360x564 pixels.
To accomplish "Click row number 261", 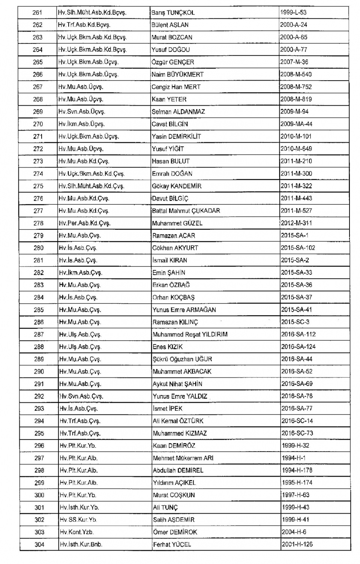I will click(37, 12).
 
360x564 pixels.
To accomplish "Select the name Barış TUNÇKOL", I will click(173, 12).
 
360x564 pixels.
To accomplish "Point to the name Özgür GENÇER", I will click(172, 62).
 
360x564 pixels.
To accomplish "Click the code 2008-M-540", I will click(296, 74).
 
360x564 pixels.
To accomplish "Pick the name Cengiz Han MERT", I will click(176, 87).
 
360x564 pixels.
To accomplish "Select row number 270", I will click(38, 124).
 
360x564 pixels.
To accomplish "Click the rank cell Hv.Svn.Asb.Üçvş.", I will click(82, 111).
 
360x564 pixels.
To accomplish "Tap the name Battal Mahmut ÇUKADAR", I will click(186, 211).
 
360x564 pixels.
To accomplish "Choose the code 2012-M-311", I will click(296, 223).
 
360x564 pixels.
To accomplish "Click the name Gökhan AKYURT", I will click(175, 248).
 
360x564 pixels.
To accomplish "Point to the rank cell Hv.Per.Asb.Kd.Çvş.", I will click(84, 223).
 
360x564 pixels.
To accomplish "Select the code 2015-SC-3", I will click(295, 322).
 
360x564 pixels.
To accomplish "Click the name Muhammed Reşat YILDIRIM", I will click(190, 334).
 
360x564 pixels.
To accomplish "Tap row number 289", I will click(39, 359).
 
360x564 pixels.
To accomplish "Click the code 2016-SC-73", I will click(297, 433).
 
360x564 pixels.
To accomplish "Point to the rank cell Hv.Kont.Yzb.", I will click(76, 532).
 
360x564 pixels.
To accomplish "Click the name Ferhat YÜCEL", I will click(172, 544).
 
